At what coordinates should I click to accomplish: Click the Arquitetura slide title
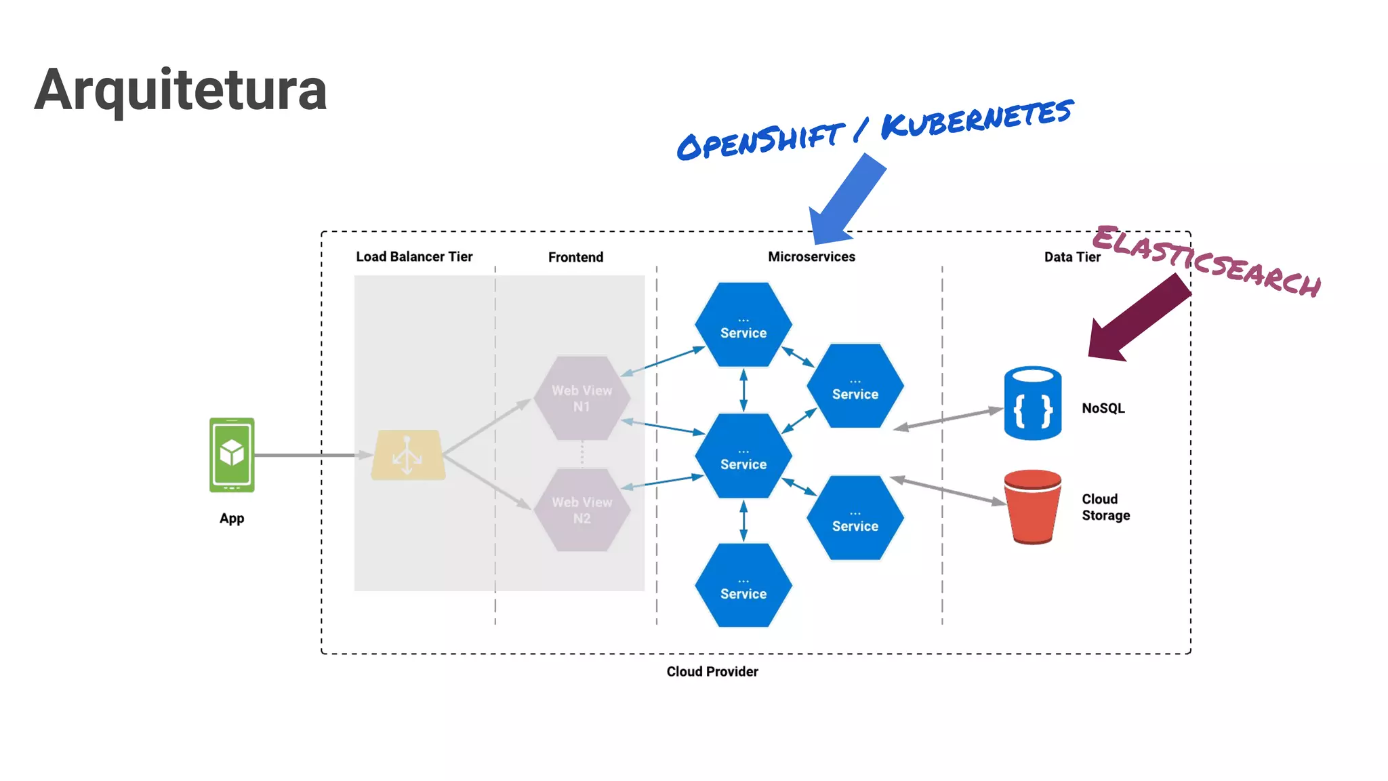[181, 90]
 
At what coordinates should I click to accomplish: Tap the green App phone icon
[232, 455]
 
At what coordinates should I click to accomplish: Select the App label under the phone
[232, 519]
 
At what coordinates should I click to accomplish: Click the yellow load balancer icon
[408, 455]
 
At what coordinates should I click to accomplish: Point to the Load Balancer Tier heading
[414, 257]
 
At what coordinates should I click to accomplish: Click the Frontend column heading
[575, 258]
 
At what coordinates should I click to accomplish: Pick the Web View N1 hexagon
[581, 399]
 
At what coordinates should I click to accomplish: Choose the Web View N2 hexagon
[581, 510]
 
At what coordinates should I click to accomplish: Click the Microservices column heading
[811, 257]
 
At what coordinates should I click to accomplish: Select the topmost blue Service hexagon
[743, 325]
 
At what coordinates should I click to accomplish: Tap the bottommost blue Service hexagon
[743, 586]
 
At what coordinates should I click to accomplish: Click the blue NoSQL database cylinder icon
[1032, 404]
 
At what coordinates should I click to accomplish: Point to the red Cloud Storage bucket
[1032, 507]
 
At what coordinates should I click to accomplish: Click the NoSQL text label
[1103, 408]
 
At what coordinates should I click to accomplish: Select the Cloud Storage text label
[1105, 507]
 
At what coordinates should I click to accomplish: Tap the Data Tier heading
[1071, 258]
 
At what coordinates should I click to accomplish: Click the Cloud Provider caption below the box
[712, 672]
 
